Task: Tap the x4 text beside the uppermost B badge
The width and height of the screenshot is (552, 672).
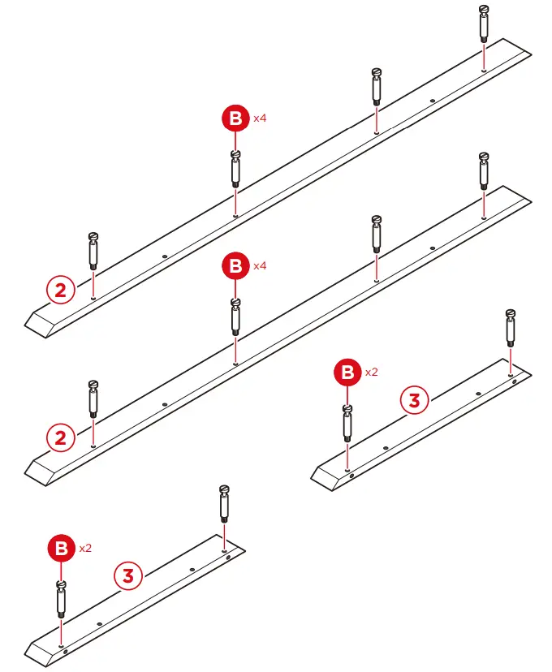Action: tap(260, 118)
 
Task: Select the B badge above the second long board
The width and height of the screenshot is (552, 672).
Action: tap(235, 266)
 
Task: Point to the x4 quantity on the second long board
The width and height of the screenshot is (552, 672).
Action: tap(260, 265)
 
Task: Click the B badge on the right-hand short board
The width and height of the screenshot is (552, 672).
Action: tap(347, 373)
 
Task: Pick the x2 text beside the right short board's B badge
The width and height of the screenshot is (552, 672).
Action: tap(371, 373)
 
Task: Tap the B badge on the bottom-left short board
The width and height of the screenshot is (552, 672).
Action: tap(61, 549)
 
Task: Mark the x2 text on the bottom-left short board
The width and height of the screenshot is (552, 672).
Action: tap(85, 548)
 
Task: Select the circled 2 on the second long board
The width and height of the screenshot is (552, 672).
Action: tap(60, 439)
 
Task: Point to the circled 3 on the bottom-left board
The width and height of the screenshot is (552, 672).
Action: tap(127, 575)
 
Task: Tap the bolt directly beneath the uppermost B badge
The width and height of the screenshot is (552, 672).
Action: tap(235, 168)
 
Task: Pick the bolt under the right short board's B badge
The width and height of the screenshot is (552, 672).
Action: tap(347, 422)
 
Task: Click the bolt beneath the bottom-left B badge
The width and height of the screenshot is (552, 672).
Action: tap(61, 598)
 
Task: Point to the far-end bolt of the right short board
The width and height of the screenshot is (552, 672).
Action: tap(510, 326)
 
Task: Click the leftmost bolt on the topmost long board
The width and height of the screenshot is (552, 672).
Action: tap(93, 250)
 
